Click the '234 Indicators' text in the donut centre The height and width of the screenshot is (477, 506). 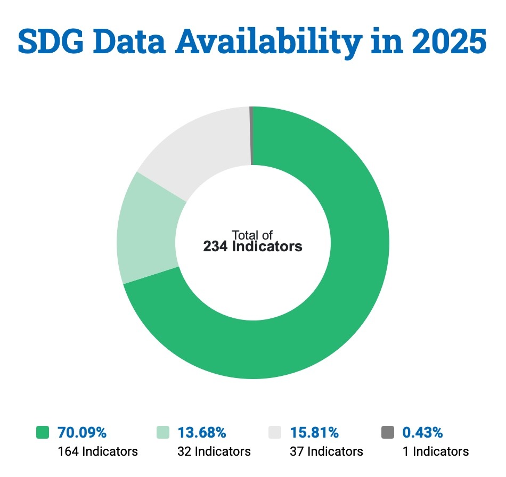click(x=252, y=247)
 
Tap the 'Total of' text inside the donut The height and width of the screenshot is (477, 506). click(x=252, y=235)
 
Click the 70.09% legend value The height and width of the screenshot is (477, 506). click(x=83, y=432)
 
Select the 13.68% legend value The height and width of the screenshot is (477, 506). click(x=202, y=432)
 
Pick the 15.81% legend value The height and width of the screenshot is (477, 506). click(x=314, y=432)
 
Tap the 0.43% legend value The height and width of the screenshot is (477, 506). click(x=423, y=432)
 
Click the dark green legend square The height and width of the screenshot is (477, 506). click(x=42, y=432)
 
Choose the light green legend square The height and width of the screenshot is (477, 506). click(x=163, y=432)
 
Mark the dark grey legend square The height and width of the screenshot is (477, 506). click(x=388, y=432)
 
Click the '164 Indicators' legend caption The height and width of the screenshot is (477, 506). click(x=97, y=451)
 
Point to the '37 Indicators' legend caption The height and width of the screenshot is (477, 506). click(x=327, y=451)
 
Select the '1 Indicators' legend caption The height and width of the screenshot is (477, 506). click(x=436, y=451)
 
